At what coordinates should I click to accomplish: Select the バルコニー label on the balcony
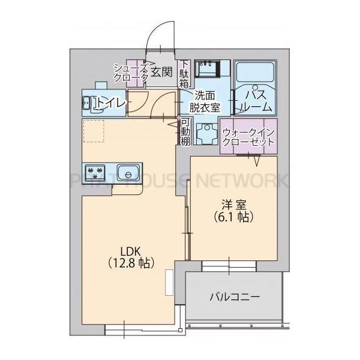point(234,296)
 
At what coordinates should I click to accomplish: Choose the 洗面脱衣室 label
point(205,101)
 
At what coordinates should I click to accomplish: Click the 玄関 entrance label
point(161,73)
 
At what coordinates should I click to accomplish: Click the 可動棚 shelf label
point(185,131)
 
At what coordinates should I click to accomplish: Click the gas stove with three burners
point(95,172)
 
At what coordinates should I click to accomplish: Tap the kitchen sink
point(127,172)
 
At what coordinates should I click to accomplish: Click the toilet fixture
point(90,103)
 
